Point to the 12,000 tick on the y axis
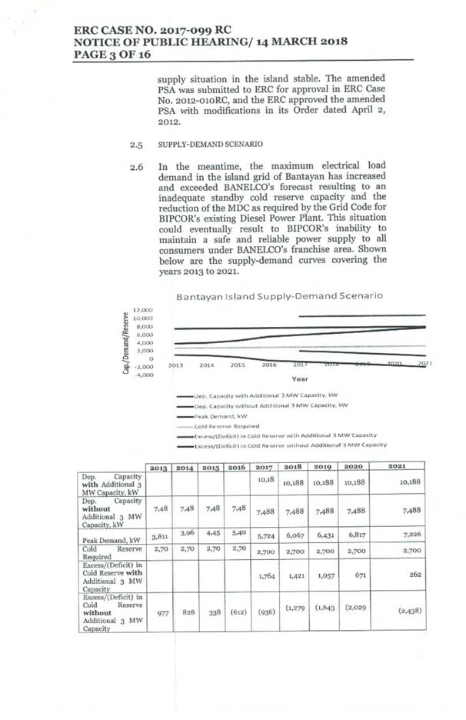pos(143,311)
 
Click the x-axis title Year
pos(300,378)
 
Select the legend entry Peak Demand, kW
pos(223,415)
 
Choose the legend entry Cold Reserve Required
pos(226,425)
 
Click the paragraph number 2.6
pos(137,166)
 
